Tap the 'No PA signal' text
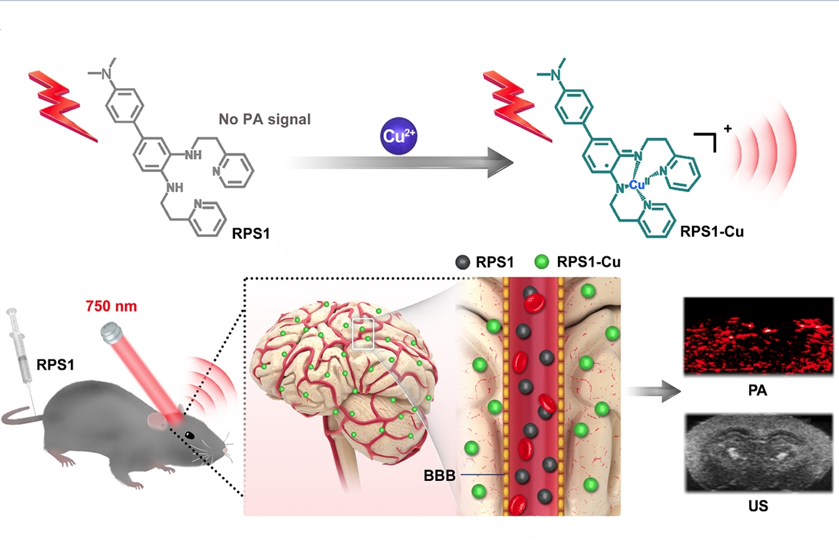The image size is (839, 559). (x=265, y=120)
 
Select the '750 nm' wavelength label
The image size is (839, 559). (x=112, y=306)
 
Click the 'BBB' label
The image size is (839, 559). (x=439, y=475)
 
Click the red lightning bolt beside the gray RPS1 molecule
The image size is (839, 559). (x=62, y=105)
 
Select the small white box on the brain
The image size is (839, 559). (x=363, y=334)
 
